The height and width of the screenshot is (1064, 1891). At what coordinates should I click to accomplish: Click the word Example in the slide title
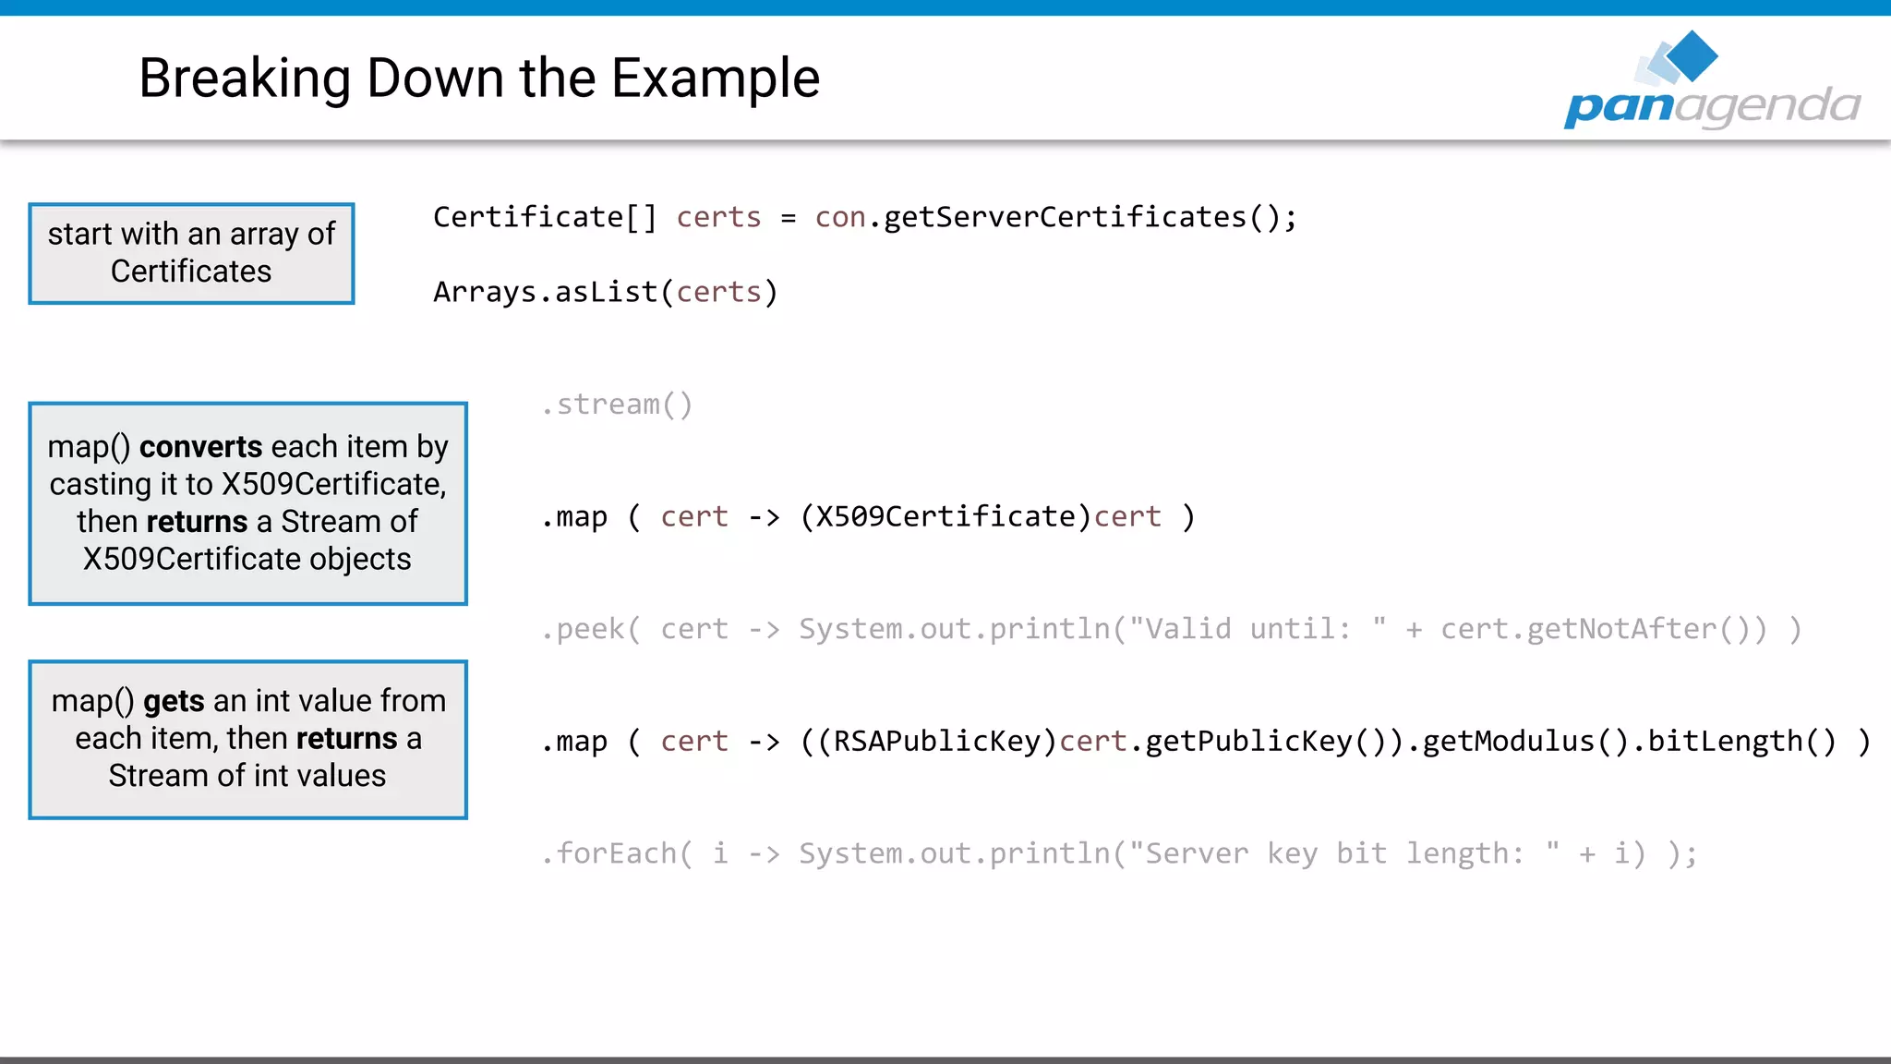click(x=715, y=78)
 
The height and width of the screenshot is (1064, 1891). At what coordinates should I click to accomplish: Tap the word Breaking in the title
click(x=245, y=78)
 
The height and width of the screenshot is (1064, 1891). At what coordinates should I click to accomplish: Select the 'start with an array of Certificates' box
click(x=191, y=253)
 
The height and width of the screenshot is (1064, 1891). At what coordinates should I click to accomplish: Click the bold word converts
click(x=200, y=447)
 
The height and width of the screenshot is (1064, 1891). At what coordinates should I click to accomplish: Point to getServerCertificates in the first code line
click(x=1066, y=218)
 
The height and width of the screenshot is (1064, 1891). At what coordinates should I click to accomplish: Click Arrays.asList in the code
click(x=545, y=293)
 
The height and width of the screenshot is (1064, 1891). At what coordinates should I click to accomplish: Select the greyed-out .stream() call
click(x=617, y=405)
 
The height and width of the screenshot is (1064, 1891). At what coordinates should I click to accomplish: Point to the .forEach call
click(x=615, y=854)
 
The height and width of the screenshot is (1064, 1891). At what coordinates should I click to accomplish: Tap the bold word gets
click(x=174, y=702)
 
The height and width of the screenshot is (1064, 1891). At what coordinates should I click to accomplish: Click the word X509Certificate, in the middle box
click(x=333, y=485)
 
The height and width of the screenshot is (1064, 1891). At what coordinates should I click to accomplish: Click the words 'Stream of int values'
click(x=247, y=776)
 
